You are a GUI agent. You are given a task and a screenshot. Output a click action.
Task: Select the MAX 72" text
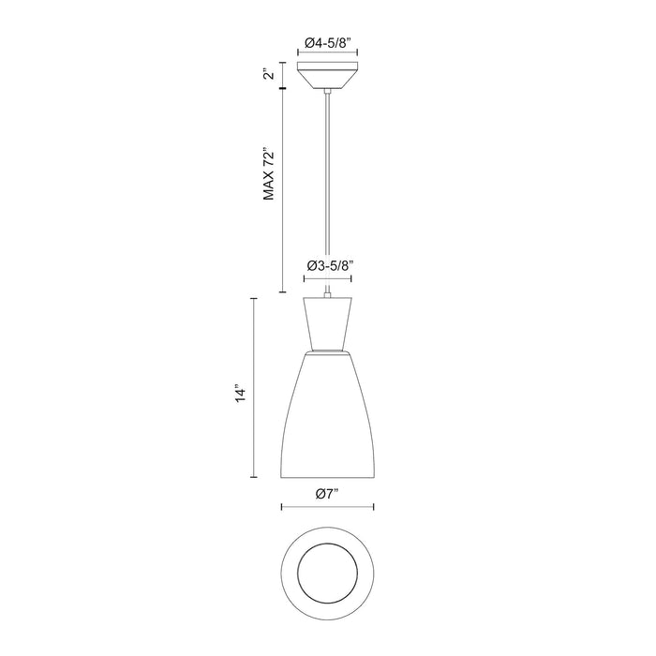click(x=269, y=173)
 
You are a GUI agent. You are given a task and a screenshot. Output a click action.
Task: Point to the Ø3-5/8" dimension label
click(x=329, y=265)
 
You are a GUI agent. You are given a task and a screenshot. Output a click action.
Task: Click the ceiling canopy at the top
click(x=327, y=78)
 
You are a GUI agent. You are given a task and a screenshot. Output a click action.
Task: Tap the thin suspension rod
click(x=327, y=187)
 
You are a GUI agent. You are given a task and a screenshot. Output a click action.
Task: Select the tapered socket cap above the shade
click(x=327, y=321)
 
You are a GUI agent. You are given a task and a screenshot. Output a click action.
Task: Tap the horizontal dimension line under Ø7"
click(x=327, y=508)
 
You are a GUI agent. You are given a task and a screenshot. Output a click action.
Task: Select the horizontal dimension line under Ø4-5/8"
click(x=327, y=54)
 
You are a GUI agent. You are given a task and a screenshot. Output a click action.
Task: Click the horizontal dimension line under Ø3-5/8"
click(x=327, y=279)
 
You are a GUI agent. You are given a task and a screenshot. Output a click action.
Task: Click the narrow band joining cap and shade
click(x=327, y=350)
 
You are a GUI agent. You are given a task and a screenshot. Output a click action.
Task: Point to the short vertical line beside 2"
click(x=282, y=75)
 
